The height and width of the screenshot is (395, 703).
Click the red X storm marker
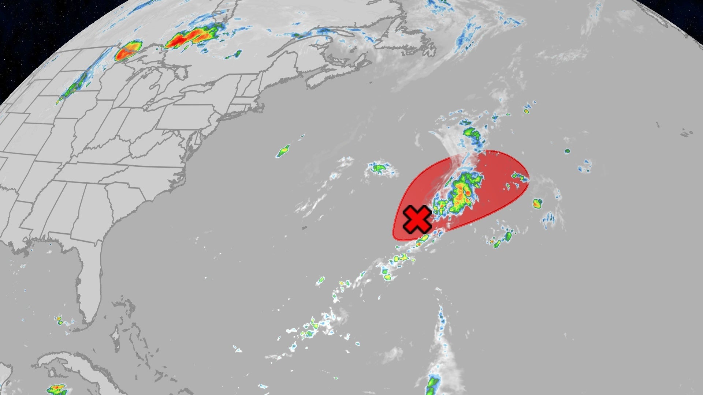417,219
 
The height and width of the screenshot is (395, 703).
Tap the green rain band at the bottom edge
433,384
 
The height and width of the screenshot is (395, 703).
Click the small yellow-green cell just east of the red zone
537,203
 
